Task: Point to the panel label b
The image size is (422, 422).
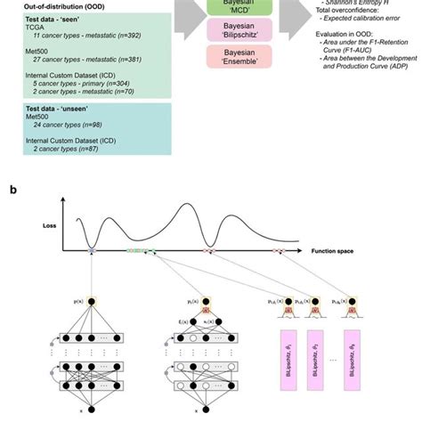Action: tap(12, 190)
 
